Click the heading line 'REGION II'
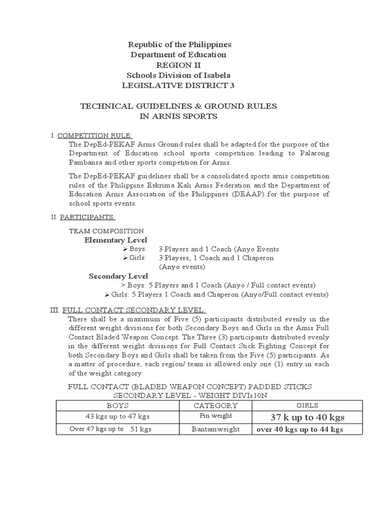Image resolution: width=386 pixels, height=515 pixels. coord(178,65)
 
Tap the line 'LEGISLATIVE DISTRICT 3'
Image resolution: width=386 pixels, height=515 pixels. coord(178,85)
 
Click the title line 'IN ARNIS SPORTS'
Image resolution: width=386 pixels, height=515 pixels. coord(178,117)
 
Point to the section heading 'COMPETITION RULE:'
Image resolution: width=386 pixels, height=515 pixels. coord(95,136)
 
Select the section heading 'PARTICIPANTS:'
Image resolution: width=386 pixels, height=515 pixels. coord(88,217)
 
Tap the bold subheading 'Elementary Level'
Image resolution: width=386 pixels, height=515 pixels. coord(116,240)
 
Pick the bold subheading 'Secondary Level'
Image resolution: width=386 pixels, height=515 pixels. coord(118,276)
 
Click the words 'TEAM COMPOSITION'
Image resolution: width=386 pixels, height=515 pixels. coord(106,231)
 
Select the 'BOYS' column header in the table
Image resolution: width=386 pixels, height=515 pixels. coord(118,405)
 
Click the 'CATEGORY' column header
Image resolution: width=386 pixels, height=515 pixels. coord(216,405)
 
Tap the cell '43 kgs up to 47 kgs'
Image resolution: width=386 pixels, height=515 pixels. coord(118,417)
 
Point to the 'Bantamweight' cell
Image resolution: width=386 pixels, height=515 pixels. coord(216,430)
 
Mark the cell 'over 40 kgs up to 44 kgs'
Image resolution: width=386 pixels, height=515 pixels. coord(300,430)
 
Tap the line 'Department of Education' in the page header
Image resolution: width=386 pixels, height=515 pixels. coord(178,54)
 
